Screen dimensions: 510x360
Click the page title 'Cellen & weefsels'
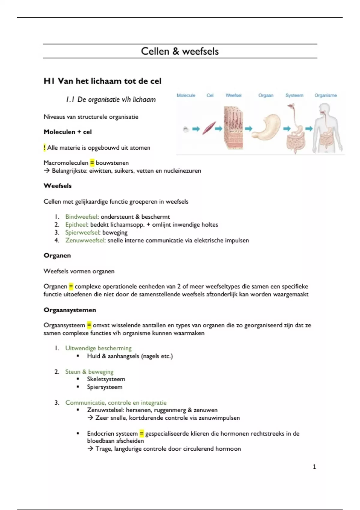click(x=180, y=51)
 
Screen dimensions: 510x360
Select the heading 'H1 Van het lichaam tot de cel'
click(x=102, y=81)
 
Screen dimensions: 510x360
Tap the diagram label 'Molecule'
click(x=186, y=95)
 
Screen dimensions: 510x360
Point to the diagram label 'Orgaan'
click(x=266, y=95)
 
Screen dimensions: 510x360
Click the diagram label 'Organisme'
click(x=325, y=95)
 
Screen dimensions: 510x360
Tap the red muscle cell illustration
click(x=209, y=128)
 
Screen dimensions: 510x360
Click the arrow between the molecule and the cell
click(x=196, y=129)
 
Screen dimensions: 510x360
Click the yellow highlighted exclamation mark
click(x=44, y=148)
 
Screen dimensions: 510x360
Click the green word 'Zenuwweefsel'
click(x=85, y=240)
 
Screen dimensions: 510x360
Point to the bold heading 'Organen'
click(x=57, y=256)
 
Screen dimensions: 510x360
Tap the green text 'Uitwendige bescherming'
click(x=98, y=348)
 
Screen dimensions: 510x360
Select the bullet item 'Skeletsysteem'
click(x=106, y=379)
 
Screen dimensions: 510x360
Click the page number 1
click(x=314, y=467)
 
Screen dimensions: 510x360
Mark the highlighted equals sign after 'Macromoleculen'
click(x=92, y=163)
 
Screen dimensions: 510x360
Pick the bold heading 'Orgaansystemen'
click(x=70, y=310)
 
